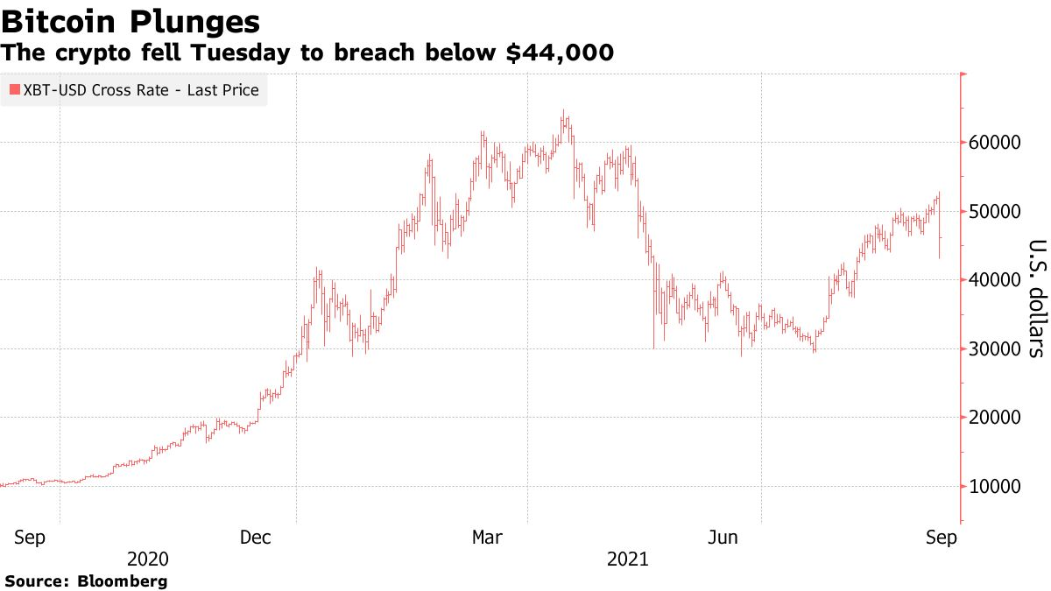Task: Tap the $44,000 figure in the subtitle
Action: point(561,53)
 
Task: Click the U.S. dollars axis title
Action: point(1036,298)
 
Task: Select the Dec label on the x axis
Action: point(257,537)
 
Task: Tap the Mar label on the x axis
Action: point(488,537)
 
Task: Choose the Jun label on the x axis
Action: point(723,537)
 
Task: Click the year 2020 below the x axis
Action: point(148,559)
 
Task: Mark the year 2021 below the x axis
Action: point(627,559)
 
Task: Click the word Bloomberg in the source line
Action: point(123,580)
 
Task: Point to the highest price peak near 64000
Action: point(564,112)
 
